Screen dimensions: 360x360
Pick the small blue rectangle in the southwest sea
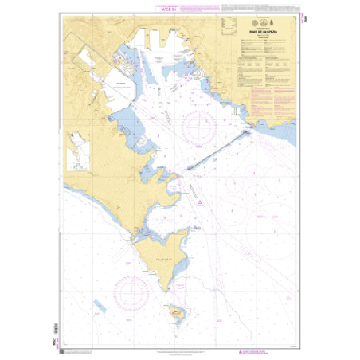99,305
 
